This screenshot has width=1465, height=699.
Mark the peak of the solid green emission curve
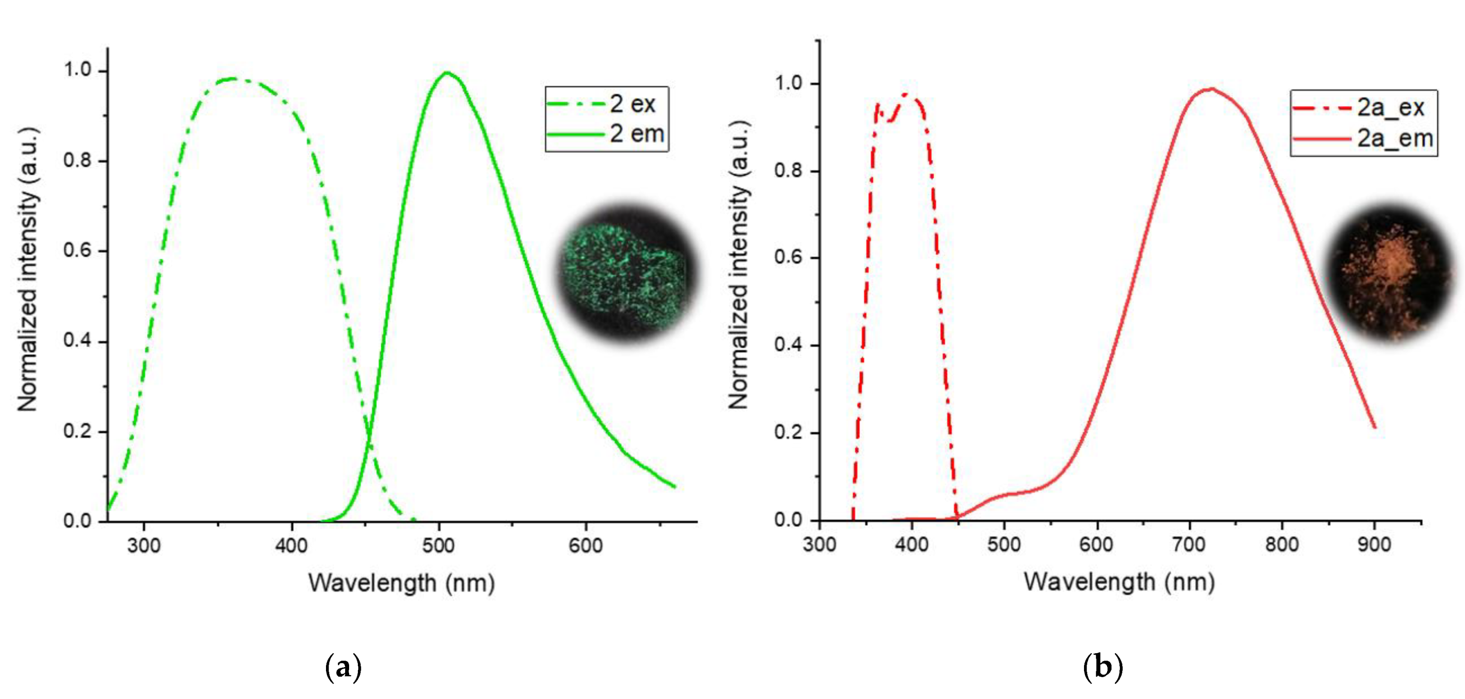tap(447, 73)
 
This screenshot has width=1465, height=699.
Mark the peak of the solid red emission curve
tap(1210, 89)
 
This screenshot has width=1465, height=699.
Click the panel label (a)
tap(343, 667)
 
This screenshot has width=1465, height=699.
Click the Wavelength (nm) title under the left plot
tap(401, 583)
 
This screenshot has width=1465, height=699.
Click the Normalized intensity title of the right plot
tap(739, 264)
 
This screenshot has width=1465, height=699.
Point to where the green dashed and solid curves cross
tap(370, 437)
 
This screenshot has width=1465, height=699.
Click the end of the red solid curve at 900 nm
tap(1375, 427)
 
